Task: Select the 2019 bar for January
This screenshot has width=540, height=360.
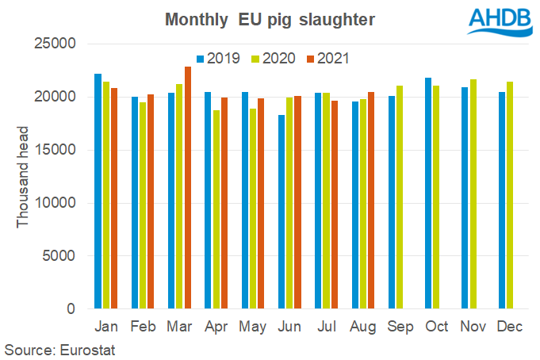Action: click(x=98, y=191)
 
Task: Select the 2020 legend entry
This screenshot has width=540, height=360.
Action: click(x=269, y=58)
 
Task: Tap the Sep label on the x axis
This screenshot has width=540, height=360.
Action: click(x=399, y=327)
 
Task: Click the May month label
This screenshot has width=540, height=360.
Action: click(x=252, y=327)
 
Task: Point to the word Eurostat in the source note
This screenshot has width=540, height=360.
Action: click(x=90, y=348)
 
